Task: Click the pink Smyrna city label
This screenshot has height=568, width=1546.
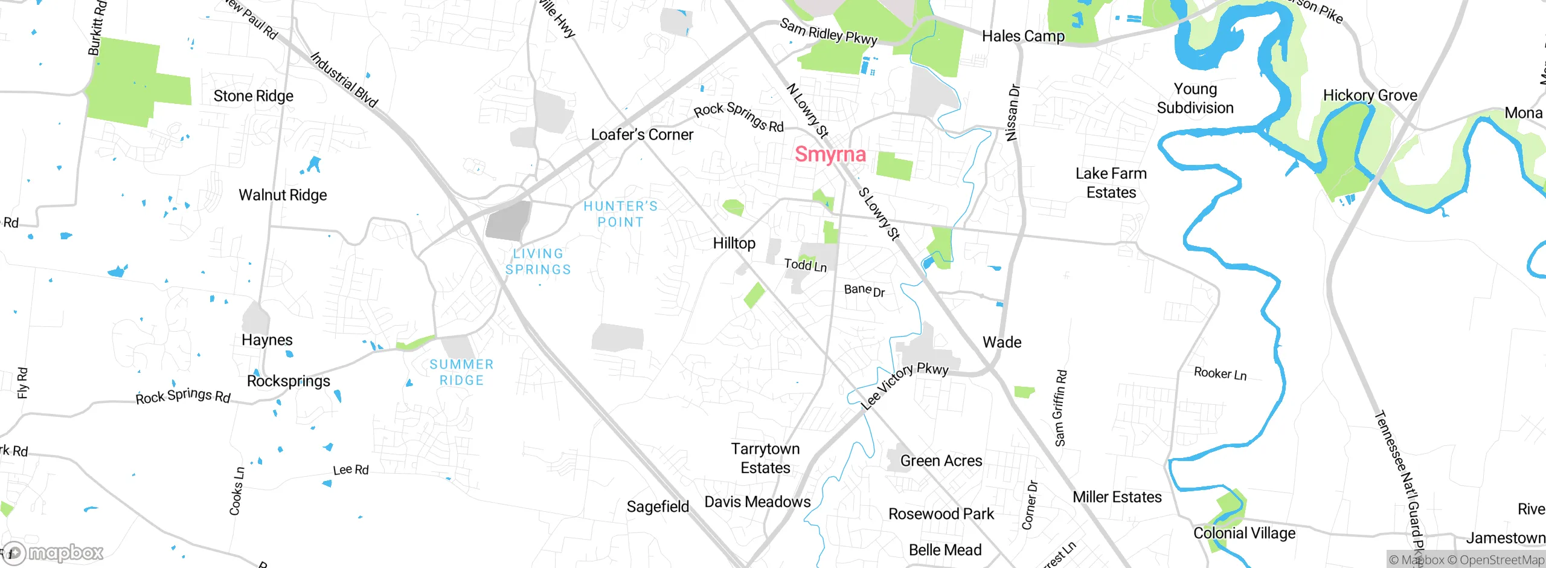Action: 830,154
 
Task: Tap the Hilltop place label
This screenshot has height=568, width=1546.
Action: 734,243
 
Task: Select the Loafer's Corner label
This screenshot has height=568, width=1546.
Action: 641,134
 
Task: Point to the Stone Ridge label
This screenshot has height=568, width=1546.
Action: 253,96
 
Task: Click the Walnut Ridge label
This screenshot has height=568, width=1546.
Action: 283,195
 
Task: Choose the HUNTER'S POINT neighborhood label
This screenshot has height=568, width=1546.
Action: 620,214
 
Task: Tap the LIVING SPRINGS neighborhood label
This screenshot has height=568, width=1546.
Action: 537,261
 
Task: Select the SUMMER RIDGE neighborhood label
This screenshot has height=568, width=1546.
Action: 461,372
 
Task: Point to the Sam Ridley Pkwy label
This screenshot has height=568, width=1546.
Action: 828,32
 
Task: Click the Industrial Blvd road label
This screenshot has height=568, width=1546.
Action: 344,80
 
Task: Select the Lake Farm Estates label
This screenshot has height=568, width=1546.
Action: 1111,183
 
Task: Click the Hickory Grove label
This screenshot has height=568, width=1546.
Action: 1370,95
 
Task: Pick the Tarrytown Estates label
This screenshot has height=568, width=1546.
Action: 765,458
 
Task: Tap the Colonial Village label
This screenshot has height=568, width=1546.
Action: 1244,533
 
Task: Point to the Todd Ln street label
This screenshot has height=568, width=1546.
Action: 805,265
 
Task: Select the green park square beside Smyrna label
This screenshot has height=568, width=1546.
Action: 894,166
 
